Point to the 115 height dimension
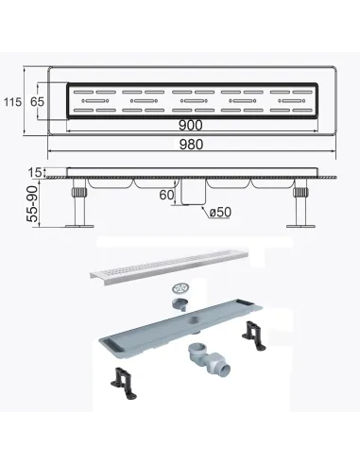(11, 101)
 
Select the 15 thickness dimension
(36, 173)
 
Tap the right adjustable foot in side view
(302, 206)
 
